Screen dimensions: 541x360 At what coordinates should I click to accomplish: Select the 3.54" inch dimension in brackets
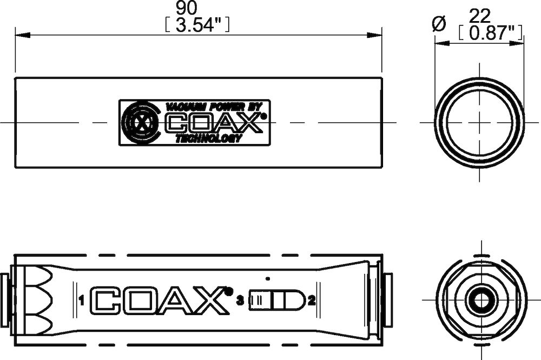pos(197,25)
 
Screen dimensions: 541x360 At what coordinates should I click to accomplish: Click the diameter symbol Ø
pos(439,23)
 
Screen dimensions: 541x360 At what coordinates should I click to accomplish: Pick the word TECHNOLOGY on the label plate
pos(208,139)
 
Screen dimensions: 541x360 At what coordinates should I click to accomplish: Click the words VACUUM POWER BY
pos(214,107)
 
